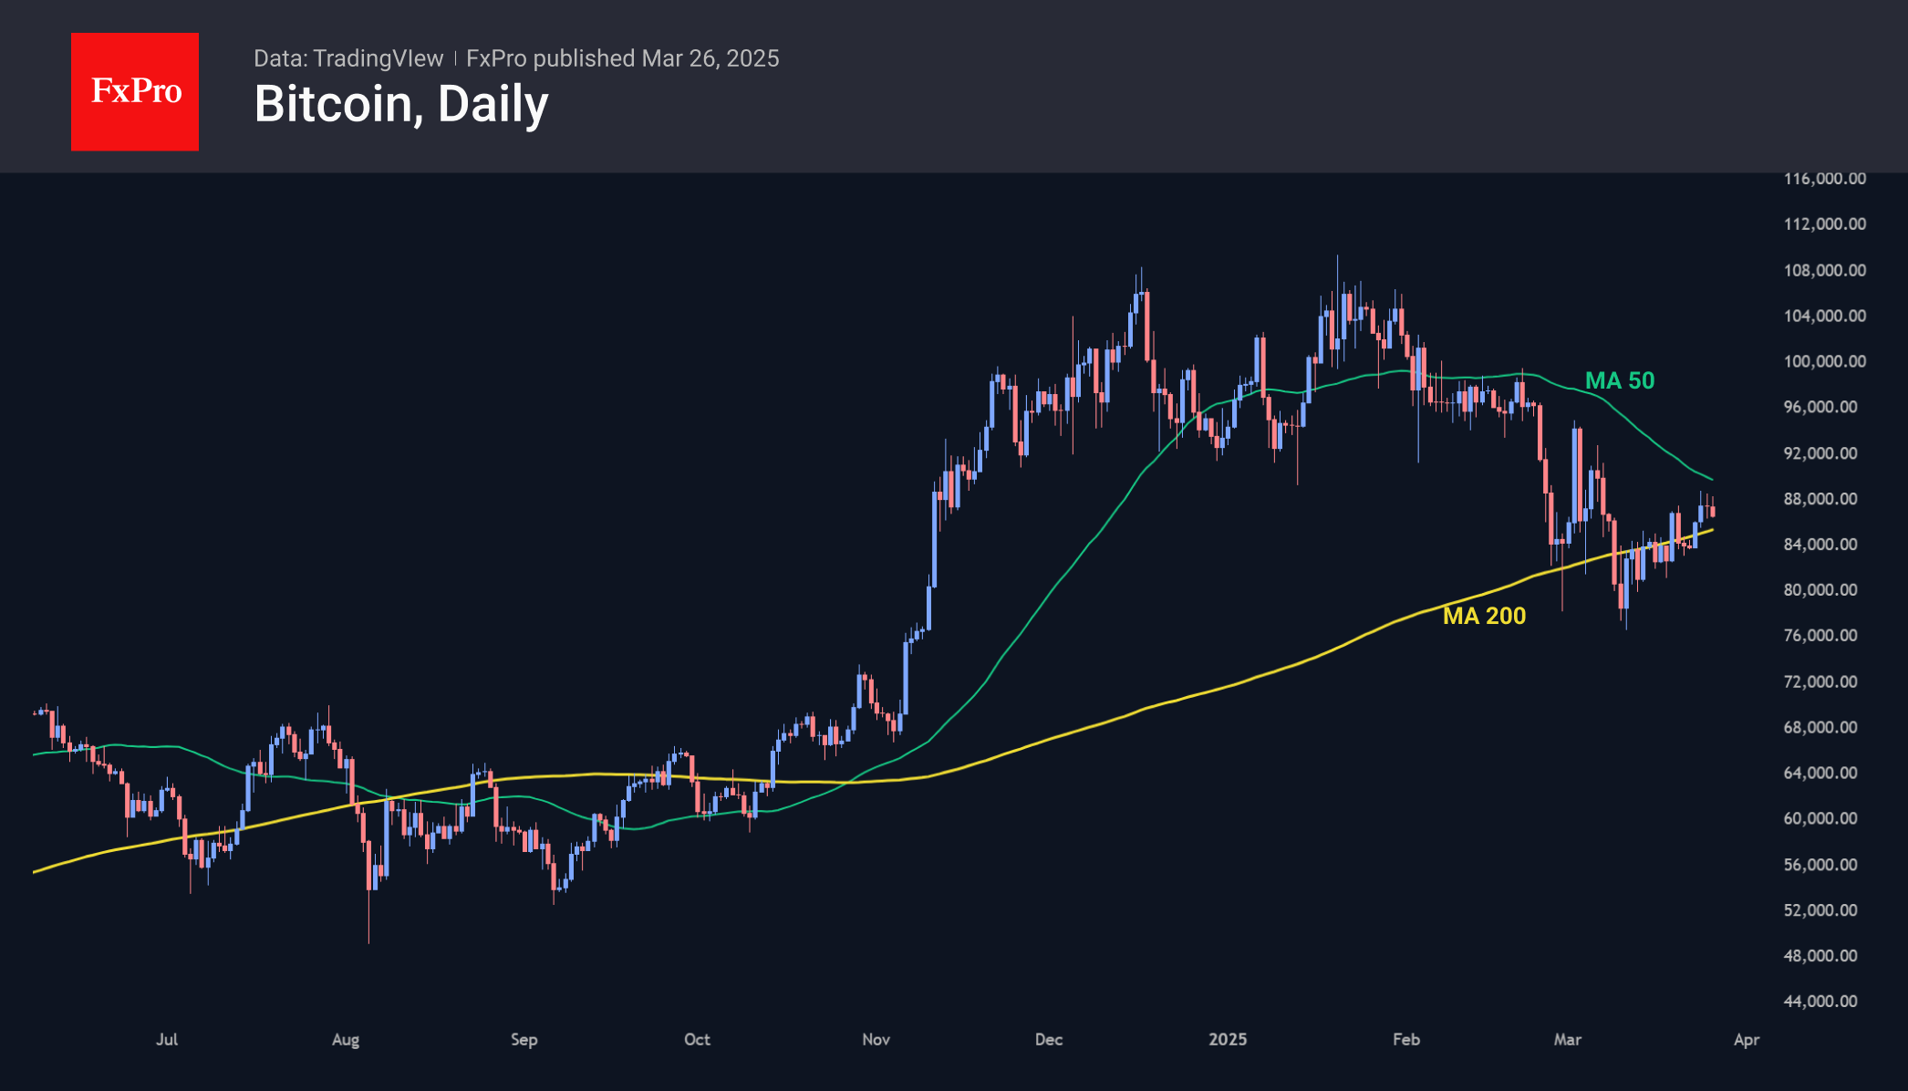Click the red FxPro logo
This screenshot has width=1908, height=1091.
pos(135,91)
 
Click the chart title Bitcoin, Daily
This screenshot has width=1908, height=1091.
pos(401,104)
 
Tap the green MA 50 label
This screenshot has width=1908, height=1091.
pos(1619,380)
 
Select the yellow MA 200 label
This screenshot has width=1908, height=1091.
pos(1484,616)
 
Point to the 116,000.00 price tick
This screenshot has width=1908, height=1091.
pos(1824,179)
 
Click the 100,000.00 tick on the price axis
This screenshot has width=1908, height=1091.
pos(1824,361)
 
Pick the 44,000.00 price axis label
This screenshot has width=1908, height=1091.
pos(1820,1001)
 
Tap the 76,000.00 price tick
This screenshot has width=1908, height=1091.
pos(1820,635)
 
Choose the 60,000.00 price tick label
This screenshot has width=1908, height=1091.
pos(1820,818)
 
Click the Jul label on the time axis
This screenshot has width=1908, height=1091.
pos(167,1039)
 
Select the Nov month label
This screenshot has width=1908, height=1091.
pos(876,1039)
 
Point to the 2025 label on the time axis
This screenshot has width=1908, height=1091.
pos(1228,1039)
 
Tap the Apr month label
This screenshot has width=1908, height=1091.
pos(1746,1039)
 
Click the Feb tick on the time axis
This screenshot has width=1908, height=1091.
pos(1406,1039)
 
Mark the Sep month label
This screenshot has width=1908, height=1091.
pos(524,1039)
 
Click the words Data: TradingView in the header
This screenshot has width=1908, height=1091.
pos(348,58)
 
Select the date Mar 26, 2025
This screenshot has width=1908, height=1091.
pos(710,58)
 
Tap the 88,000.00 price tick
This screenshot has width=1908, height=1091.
pos(1820,499)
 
